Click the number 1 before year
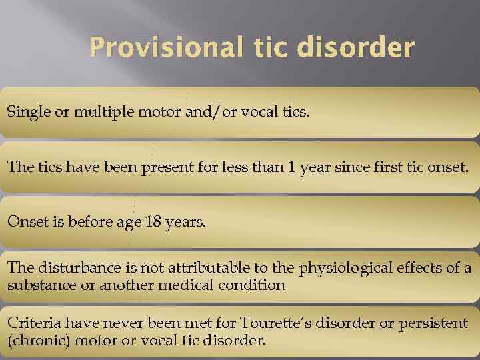click(x=290, y=167)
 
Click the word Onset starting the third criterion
click(x=24, y=222)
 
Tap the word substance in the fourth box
click(x=36, y=285)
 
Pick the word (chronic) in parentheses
click(x=35, y=341)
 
